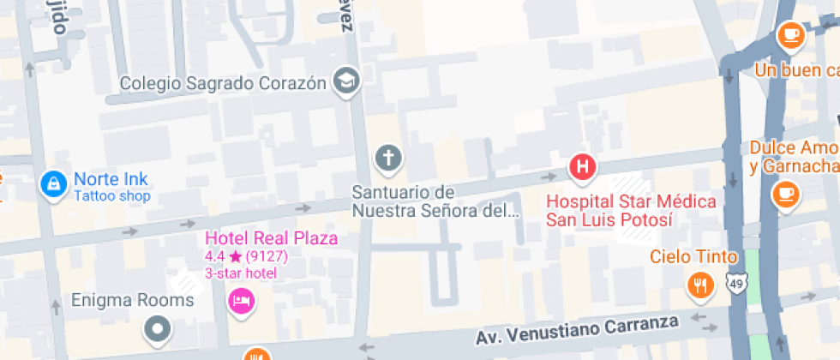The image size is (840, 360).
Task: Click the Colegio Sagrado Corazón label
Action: (x=223, y=83)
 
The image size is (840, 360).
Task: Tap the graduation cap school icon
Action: (x=347, y=81)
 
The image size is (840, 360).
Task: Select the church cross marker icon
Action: (x=388, y=159)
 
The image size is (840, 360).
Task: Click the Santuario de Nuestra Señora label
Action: (x=435, y=200)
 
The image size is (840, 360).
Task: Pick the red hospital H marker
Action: (x=584, y=167)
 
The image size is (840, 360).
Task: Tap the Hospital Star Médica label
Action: (x=632, y=210)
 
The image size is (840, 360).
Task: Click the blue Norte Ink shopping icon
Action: (x=53, y=183)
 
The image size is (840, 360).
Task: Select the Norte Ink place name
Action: (x=111, y=179)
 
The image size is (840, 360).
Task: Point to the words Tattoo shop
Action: (x=111, y=196)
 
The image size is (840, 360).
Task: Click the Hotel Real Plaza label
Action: (x=270, y=238)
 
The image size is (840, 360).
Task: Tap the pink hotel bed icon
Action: (x=241, y=301)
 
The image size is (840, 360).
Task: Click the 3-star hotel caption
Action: (x=240, y=273)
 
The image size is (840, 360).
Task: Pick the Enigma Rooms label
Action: (x=133, y=300)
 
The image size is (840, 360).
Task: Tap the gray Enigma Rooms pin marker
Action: (x=157, y=327)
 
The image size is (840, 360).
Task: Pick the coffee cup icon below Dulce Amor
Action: (x=784, y=193)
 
